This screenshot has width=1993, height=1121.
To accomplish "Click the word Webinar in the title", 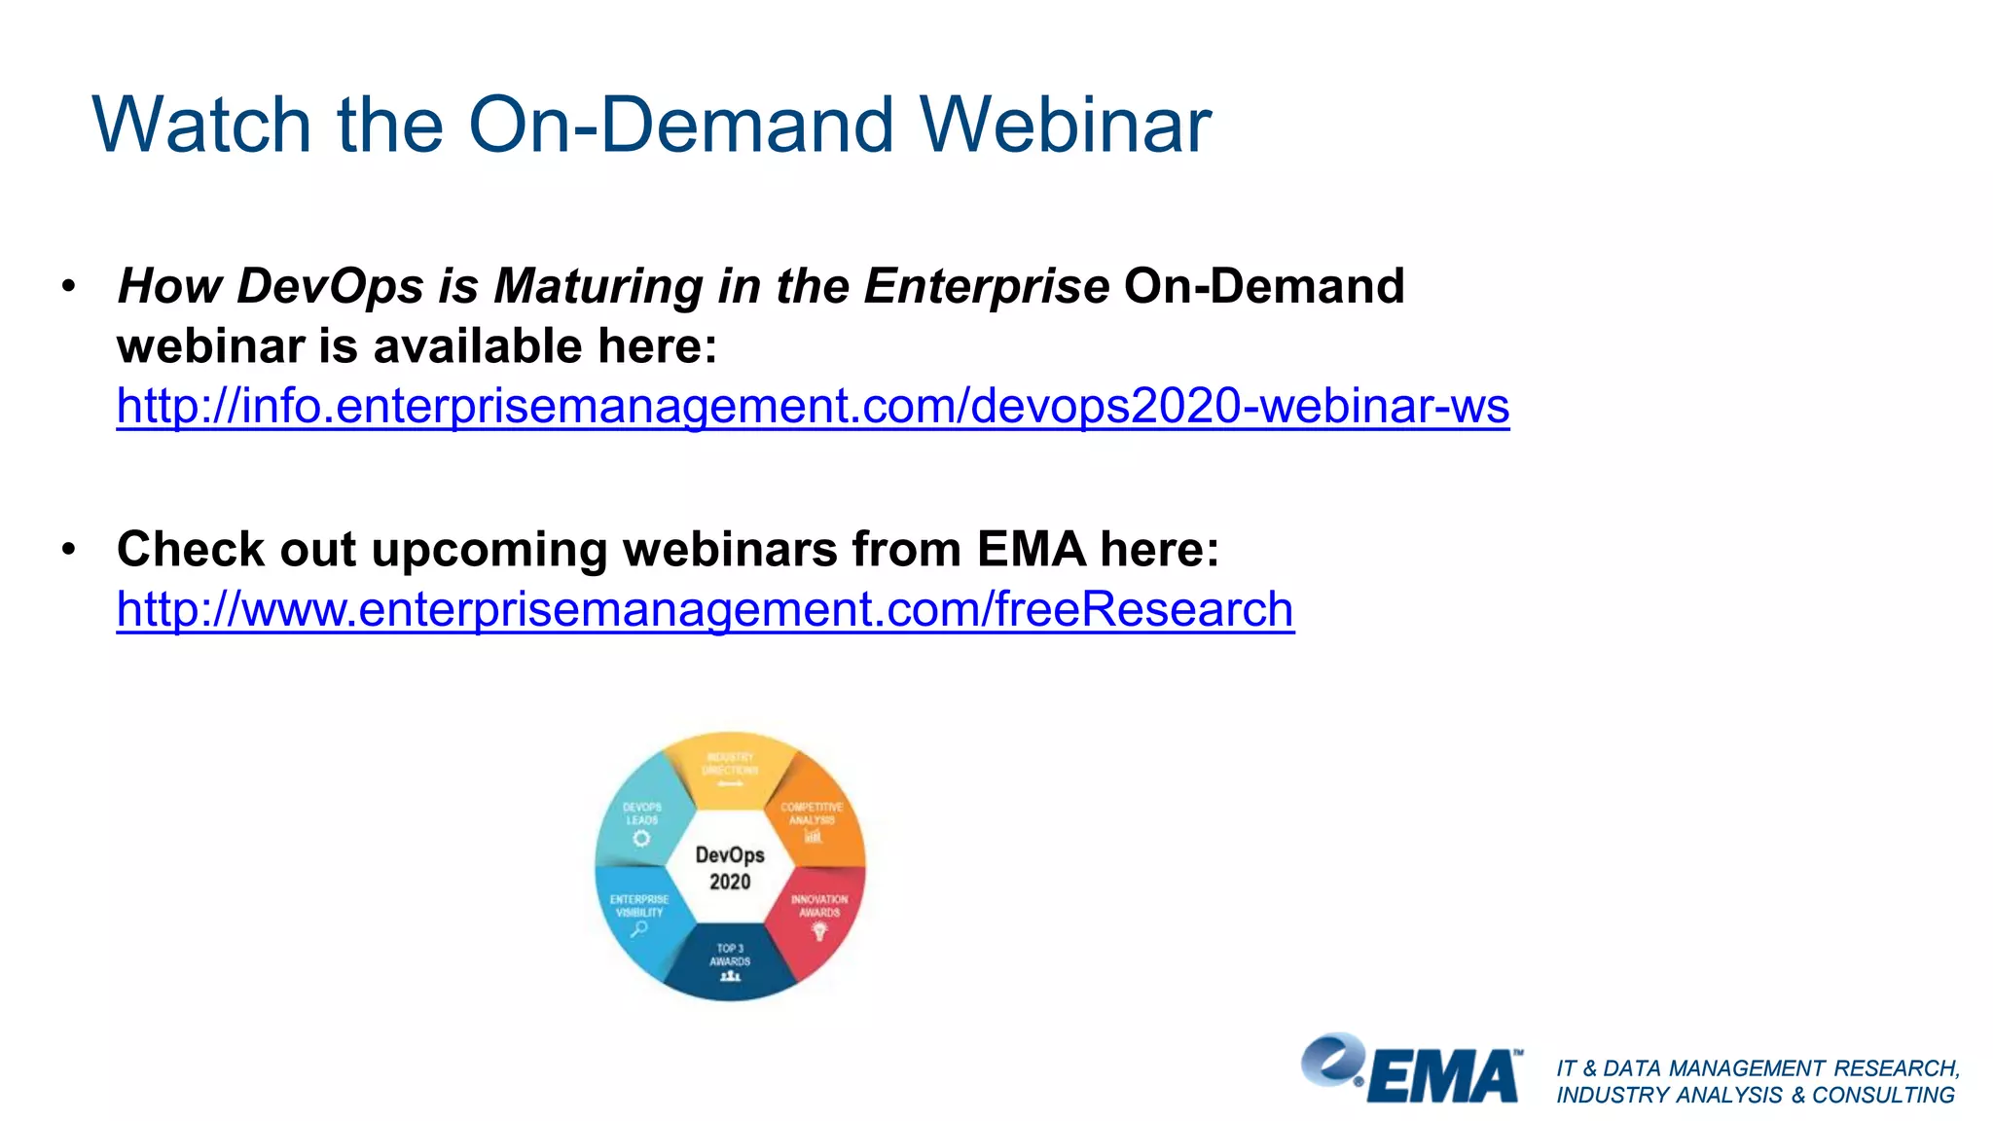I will coord(1065,126).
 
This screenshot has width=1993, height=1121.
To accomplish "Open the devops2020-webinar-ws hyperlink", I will coord(813,406).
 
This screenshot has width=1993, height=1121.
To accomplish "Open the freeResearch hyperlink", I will coord(705,610).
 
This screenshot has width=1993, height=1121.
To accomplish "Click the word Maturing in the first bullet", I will coord(598,287).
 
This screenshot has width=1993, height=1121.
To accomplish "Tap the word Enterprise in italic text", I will coord(986,287).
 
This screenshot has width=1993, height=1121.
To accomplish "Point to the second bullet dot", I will coord(68,550).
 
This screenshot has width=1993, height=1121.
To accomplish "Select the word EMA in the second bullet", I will coord(1031,550).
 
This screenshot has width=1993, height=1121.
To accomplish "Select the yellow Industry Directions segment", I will coord(730,769).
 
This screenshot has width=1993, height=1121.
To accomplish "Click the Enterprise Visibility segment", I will coord(639,915).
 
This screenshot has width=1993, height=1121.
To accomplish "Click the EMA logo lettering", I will coord(1444,1076).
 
